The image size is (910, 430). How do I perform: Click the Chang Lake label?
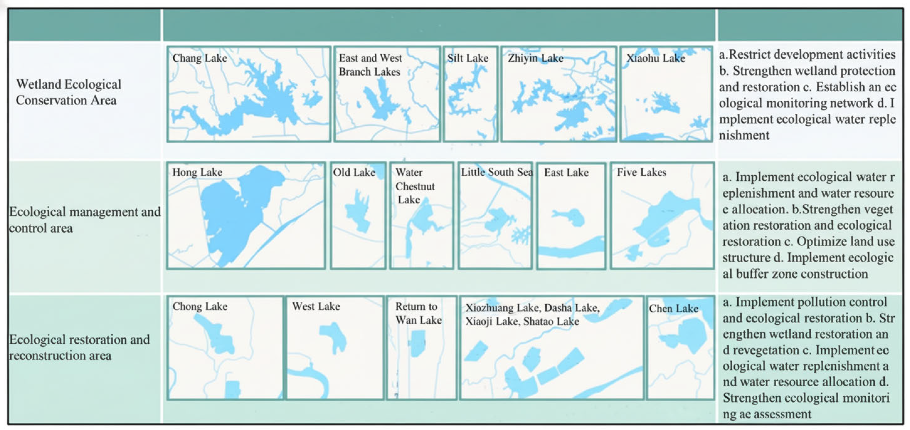coord(200,58)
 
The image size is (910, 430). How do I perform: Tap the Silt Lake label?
coord(468,58)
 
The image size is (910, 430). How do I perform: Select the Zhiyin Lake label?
coord(536,58)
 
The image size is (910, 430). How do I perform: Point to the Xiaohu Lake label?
coord(656,58)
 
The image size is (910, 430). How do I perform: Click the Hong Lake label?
coord(197,172)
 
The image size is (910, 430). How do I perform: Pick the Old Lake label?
coord(354,172)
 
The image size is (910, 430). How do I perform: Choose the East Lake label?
coord(566,172)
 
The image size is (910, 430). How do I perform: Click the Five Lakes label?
coord(642,172)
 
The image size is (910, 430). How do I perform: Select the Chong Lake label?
coord(200,306)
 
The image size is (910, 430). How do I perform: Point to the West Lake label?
coord(316,306)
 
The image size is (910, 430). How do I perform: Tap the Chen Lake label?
coord(673,309)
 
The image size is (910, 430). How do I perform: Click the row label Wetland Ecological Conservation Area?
coord(69,92)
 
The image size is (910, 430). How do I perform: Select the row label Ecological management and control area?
coord(85,220)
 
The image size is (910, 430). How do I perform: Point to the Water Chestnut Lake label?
coord(415,186)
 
